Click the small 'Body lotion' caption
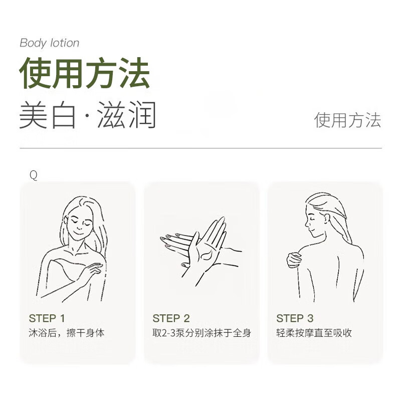(x=49, y=43)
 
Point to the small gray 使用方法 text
(x=347, y=120)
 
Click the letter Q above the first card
(x=34, y=175)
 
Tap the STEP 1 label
(x=47, y=318)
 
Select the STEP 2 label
(x=171, y=318)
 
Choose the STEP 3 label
(x=295, y=318)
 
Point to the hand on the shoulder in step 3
(x=294, y=260)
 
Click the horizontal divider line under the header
(x=200, y=148)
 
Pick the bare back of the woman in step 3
(x=336, y=271)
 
